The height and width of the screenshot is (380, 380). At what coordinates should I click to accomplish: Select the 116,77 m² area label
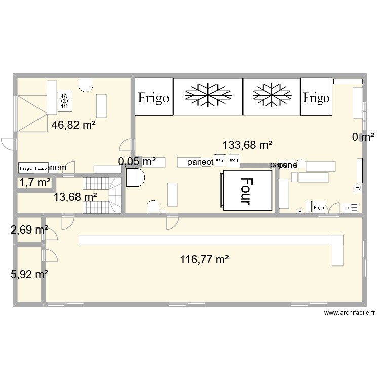pyautogui.click(x=204, y=260)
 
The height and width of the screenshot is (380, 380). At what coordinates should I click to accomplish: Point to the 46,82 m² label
pyautogui.click(x=74, y=124)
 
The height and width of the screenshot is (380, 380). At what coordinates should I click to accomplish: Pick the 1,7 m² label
pyautogui.click(x=35, y=183)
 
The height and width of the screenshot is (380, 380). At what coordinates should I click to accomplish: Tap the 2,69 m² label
pyautogui.click(x=29, y=231)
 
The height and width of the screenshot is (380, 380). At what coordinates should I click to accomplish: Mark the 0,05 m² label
pyautogui.click(x=136, y=162)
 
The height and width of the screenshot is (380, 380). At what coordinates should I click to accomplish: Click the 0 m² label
pyautogui.click(x=363, y=136)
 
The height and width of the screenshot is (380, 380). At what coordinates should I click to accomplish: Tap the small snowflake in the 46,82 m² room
pyautogui.click(x=64, y=100)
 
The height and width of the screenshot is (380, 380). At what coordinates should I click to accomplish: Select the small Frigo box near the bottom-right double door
pyautogui.click(x=318, y=207)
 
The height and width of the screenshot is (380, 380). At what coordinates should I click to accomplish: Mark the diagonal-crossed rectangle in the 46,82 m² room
pyautogui.click(x=31, y=112)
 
